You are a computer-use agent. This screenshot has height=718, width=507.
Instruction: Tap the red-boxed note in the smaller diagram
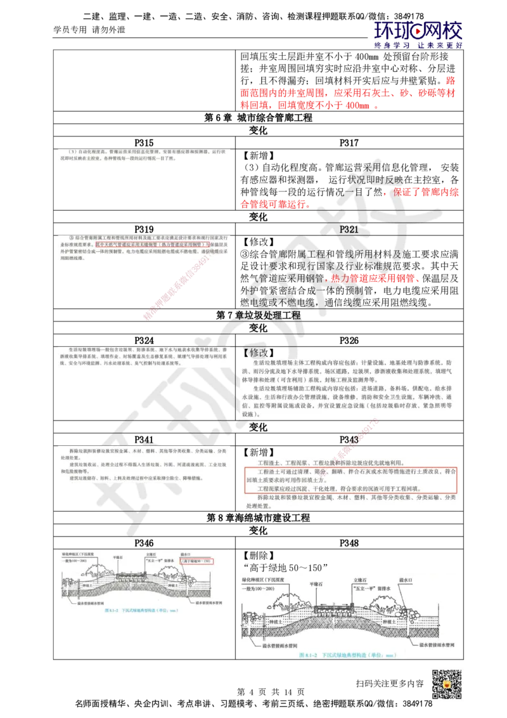(x=196, y=561)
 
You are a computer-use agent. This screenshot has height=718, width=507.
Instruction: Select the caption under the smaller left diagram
(x=144, y=608)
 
